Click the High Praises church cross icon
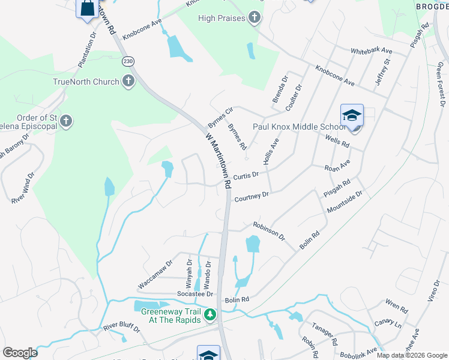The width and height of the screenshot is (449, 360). (255, 18)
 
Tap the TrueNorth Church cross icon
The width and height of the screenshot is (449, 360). (128, 82)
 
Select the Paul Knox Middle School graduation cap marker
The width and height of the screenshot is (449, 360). (352, 116)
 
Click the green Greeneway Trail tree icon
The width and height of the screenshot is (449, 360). (210, 314)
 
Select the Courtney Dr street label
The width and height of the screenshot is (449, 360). (251, 197)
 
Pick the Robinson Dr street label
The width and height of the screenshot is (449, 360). (269, 230)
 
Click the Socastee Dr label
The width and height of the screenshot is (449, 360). (195, 294)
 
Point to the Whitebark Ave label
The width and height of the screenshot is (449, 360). (371, 51)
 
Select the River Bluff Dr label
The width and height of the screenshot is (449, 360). (121, 328)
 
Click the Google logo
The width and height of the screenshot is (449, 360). (20, 353)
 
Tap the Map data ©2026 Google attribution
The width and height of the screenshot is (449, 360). (412, 355)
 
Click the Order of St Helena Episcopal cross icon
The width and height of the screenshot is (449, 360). (67, 121)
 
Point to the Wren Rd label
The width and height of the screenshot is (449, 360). (397, 307)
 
